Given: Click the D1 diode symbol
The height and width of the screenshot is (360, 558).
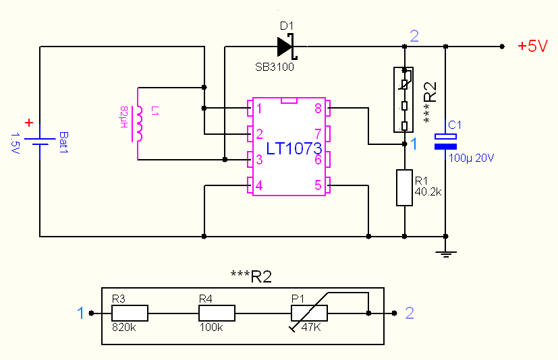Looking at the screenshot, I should point(287,47).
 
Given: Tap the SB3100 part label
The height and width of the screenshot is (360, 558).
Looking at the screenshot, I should point(274,67).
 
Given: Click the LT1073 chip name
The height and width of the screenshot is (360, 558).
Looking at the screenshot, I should point(294,149).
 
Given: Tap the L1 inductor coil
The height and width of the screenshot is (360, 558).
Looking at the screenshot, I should point(140,123).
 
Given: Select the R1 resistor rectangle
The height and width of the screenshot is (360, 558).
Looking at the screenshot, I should point(403,188).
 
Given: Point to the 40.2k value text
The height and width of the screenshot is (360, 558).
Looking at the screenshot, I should point(428,191).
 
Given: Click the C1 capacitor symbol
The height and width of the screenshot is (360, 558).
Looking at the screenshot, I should point(445,141).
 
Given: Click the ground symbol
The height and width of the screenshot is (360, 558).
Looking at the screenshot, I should point(445,254).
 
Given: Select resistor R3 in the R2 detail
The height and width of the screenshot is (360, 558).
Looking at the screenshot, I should point(129,313).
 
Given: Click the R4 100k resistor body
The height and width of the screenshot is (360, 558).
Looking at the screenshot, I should point(217,313).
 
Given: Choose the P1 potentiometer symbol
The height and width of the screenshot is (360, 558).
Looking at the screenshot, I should point(309,313).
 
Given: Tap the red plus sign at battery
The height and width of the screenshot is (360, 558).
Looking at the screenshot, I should point(28,123).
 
